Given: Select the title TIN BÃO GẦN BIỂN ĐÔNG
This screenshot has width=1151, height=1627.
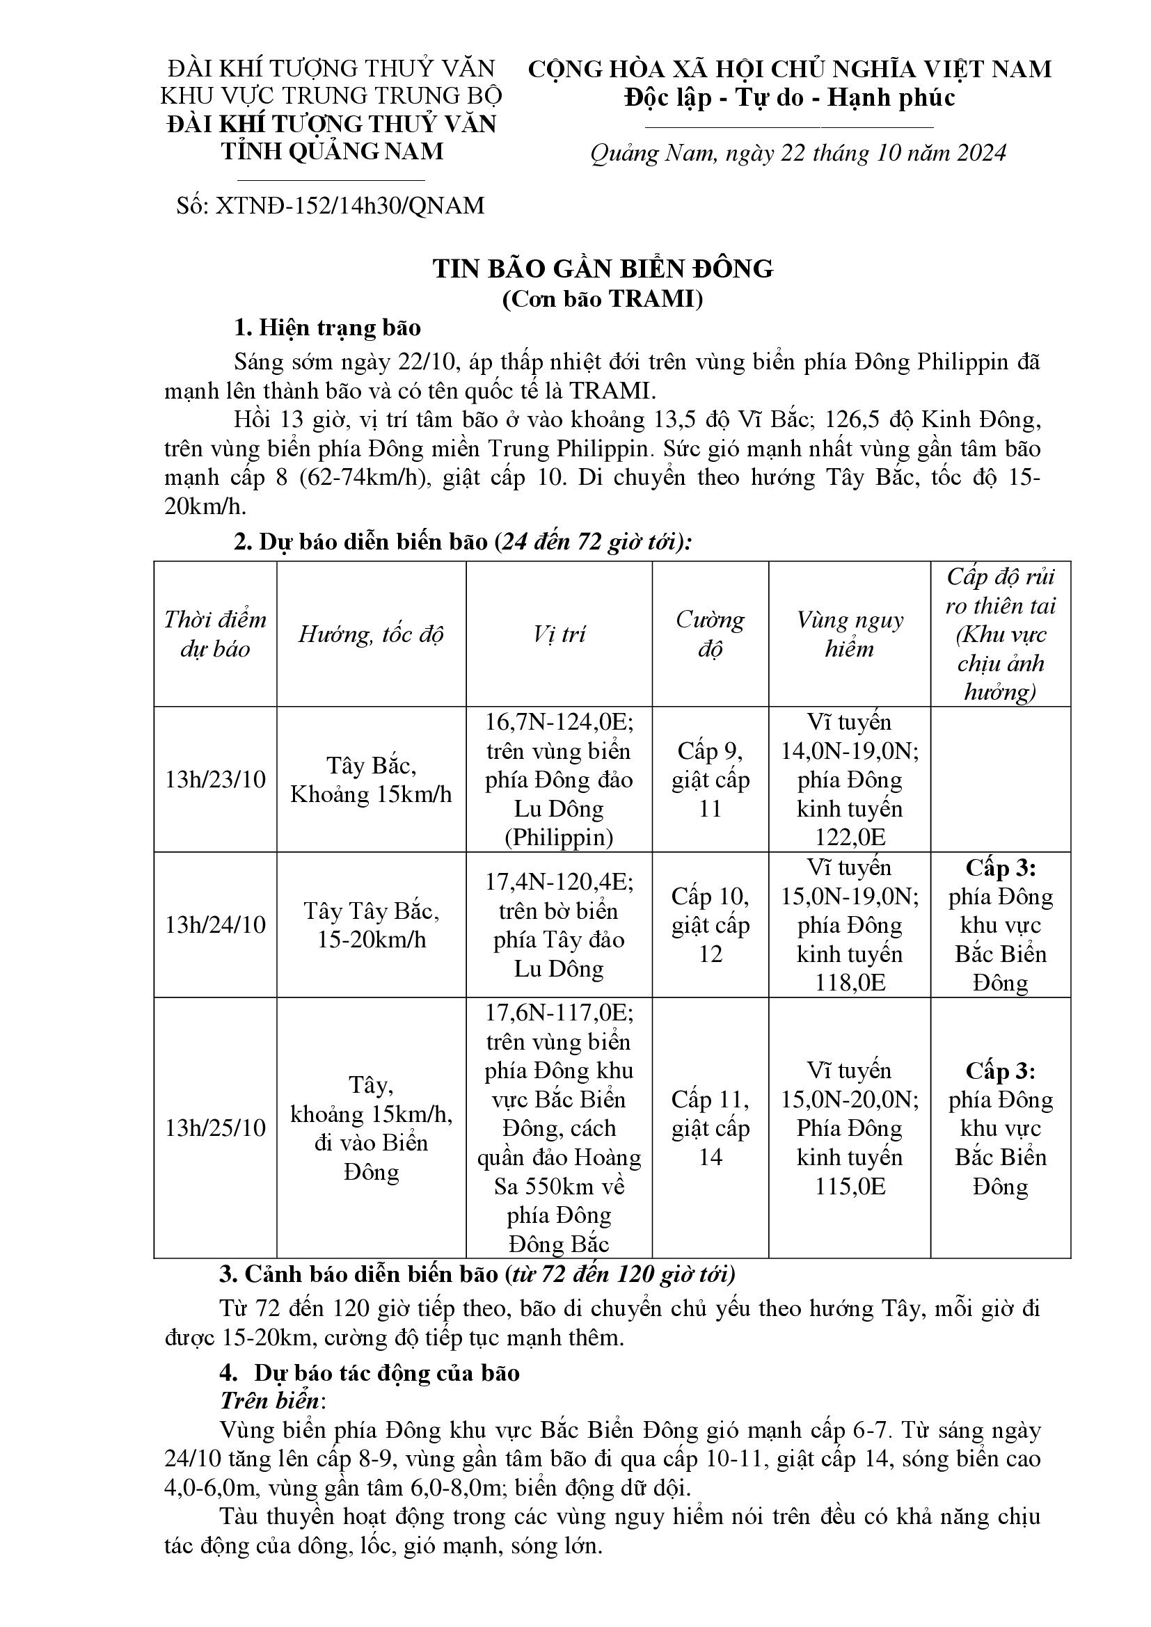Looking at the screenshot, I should [x=603, y=269].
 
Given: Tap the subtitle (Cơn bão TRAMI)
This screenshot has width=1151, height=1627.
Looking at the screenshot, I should [x=603, y=299].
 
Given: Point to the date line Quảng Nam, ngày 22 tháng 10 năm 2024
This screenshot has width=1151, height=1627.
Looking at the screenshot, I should [x=799, y=153].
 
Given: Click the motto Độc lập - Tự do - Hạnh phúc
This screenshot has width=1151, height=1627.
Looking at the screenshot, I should [x=790, y=97].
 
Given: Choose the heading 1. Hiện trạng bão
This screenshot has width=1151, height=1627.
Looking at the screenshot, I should [x=328, y=328].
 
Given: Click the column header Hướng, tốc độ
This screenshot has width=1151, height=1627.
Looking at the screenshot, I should [x=371, y=634].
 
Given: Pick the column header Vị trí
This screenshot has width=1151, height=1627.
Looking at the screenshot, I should [x=559, y=634].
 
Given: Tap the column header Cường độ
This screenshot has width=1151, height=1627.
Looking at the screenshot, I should [x=711, y=634].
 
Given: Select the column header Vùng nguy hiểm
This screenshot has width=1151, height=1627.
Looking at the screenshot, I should [x=849, y=634].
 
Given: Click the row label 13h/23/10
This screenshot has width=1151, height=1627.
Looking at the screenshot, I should [x=216, y=780].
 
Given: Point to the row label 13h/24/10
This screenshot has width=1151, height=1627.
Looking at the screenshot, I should [x=216, y=924].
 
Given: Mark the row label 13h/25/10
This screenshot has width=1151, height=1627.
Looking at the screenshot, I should [x=216, y=1128].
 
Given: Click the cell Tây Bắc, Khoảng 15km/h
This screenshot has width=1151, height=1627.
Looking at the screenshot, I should [x=371, y=780].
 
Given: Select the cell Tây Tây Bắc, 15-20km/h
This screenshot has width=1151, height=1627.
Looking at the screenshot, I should [x=371, y=924].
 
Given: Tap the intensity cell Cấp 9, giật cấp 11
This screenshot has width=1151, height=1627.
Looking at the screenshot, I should [x=711, y=780].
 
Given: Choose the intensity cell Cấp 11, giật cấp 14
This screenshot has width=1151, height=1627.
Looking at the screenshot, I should [x=711, y=1128].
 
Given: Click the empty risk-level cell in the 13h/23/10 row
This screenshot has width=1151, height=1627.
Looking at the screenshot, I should [x=1000, y=780].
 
